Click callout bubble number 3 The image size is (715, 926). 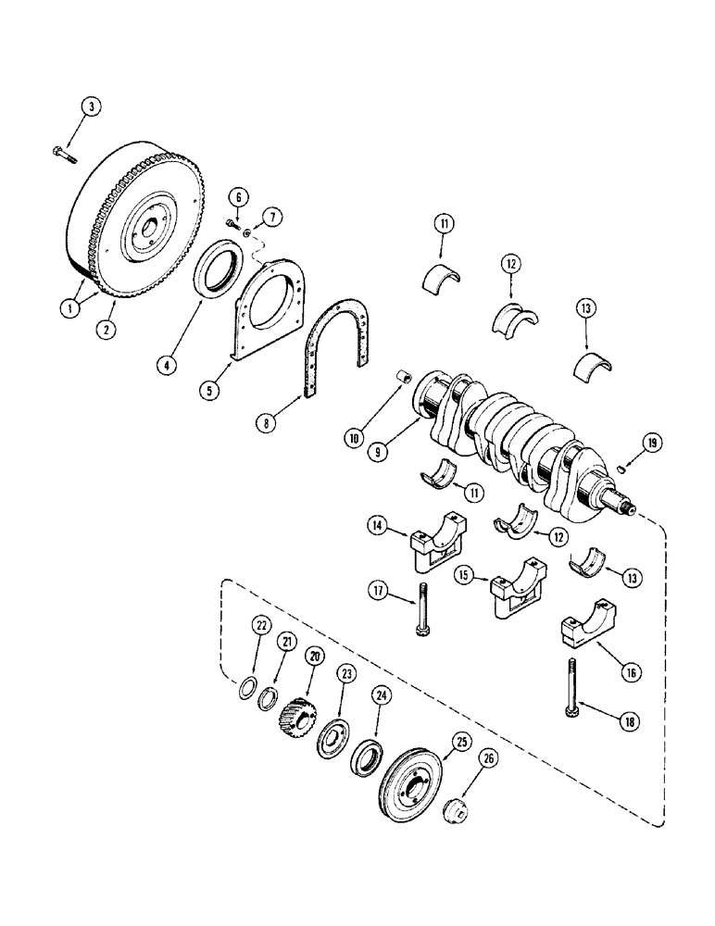click(x=91, y=107)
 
